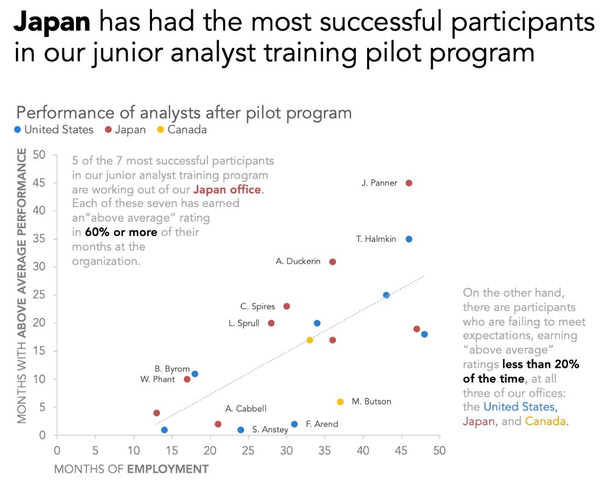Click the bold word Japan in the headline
(x=52, y=22)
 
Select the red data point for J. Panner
(x=409, y=183)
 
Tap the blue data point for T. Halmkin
(x=409, y=239)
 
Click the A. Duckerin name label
(x=298, y=262)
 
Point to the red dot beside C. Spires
(x=287, y=306)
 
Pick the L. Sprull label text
(x=244, y=323)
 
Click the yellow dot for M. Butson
(x=340, y=402)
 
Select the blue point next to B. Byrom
(x=195, y=374)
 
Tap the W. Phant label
(x=158, y=379)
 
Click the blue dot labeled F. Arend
(x=294, y=424)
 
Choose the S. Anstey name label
(x=270, y=430)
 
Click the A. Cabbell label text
(x=246, y=409)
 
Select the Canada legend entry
(x=183, y=130)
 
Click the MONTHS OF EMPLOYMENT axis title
(x=131, y=469)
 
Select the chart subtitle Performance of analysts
(x=183, y=113)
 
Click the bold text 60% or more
(x=121, y=232)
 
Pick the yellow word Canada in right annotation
(x=545, y=421)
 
